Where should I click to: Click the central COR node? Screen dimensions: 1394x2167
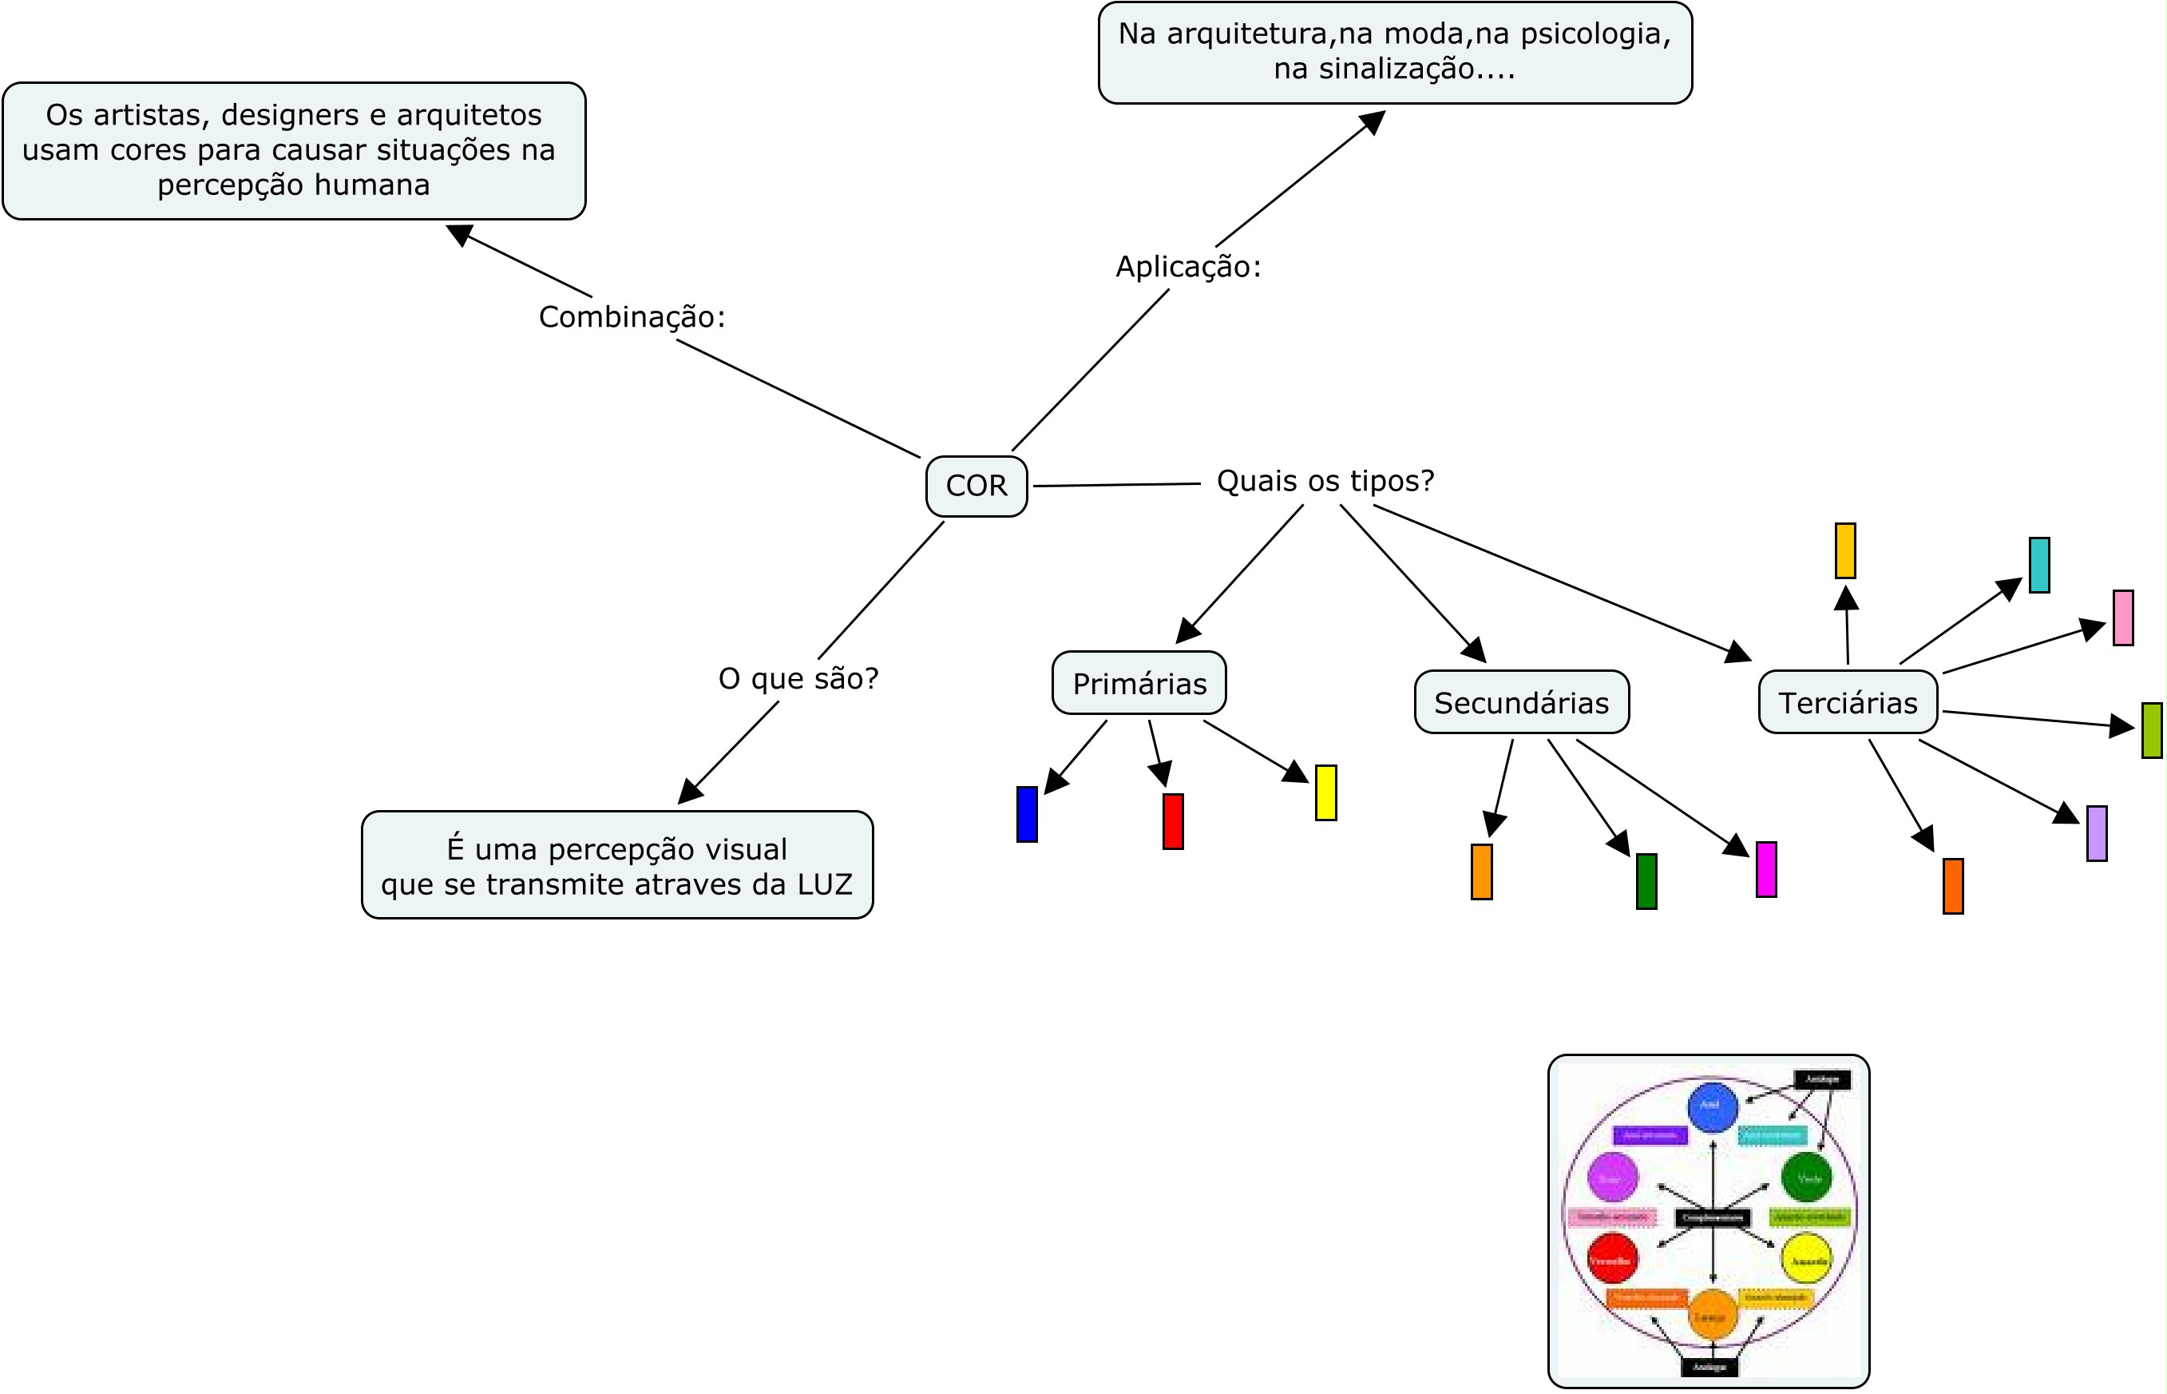point(977,486)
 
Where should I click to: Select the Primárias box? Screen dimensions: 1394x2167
point(1139,684)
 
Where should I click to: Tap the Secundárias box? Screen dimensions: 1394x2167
point(1521,702)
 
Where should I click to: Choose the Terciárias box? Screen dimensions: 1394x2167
point(1848,702)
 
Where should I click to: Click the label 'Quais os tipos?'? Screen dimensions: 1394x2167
point(1325,481)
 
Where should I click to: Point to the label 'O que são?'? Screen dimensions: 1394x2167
point(798,678)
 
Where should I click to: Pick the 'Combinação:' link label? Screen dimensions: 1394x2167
point(632,317)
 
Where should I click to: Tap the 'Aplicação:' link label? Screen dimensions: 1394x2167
point(1188,267)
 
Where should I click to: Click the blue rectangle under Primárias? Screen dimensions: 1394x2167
point(1027,814)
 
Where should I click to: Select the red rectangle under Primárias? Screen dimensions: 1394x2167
point(1173,821)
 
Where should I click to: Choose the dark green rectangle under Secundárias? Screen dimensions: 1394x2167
point(1646,881)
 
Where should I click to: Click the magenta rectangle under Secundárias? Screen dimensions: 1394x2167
point(1766,869)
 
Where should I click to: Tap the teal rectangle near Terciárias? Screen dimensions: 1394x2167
point(2039,565)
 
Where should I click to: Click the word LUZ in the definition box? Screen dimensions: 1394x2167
point(824,884)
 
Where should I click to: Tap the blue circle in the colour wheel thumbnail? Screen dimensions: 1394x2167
point(1713,1107)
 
